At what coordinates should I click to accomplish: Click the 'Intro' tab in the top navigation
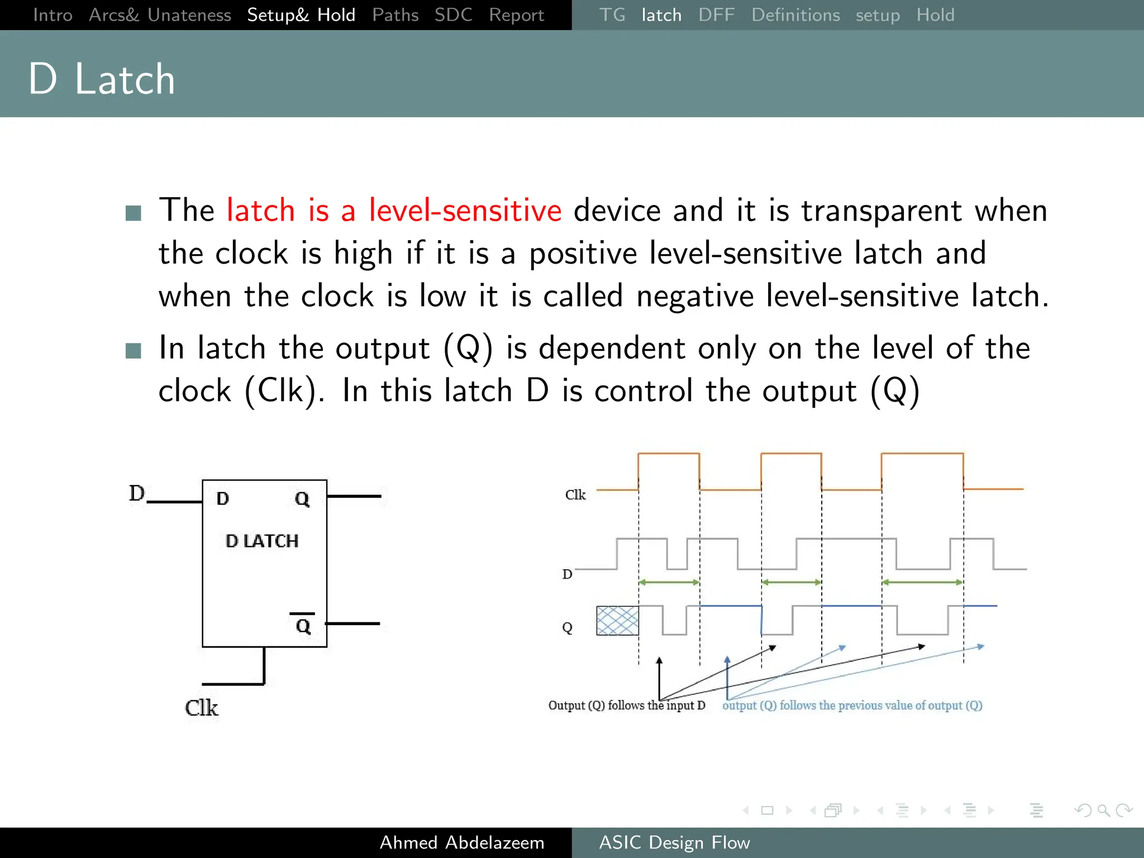[x=53, y=15]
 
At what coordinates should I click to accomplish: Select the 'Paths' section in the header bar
[x=395, y=15]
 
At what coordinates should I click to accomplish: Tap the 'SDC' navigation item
[x=453, y=15]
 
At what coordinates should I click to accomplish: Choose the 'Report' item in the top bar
[x=516, y=15]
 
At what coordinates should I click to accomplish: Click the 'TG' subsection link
[x=612, y=15]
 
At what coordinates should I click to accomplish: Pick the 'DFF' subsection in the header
[x=716, y=15]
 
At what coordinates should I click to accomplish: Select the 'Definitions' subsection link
[x=795, y=15]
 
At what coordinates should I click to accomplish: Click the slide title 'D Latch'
[x=102, y=79]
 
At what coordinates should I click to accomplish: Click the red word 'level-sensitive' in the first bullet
[x=465, y=211]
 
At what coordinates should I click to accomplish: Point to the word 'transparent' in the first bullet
[x=881, y=211]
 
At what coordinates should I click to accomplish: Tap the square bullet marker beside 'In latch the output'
[x=134, y=350]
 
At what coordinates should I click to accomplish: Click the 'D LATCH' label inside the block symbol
[x=262, y=541]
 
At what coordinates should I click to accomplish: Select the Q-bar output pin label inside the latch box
[x=303, y=625]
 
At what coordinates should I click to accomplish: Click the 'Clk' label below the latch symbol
[x=201, y=708]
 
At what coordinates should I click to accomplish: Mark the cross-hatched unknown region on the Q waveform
[x=617, y=621]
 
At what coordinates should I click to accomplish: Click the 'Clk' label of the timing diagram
[x=575, y=495]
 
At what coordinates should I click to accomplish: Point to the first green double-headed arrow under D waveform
[x=669, y=583]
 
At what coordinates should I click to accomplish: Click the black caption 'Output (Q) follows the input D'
[x=626, y=706]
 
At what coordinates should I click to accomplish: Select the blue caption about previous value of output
[x=852, y=706]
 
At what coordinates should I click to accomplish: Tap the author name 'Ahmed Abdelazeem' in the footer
[x=462, y=842]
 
